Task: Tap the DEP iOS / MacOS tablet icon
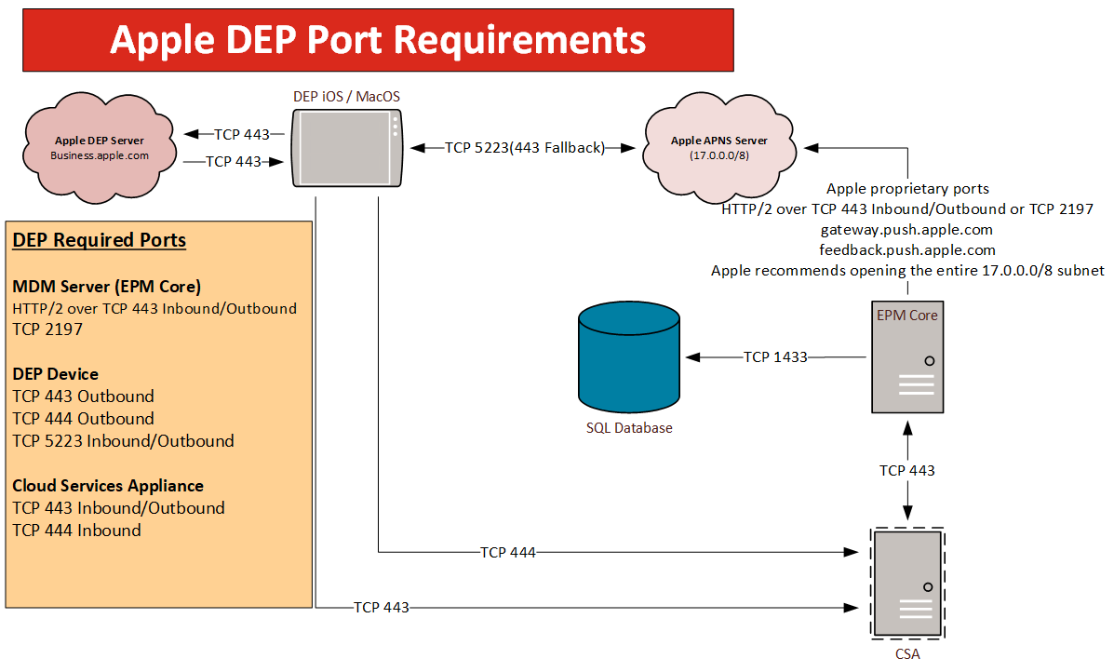click(x=347, y=148)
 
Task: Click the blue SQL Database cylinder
click(x=628, y=358)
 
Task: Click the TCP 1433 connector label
click(x=775, y=356)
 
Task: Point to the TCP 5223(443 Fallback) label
click(x=525, y=147)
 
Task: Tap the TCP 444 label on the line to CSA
click(x=507, y=552)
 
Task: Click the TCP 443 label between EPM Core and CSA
click(x=906, y=470)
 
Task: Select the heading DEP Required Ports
click(x=99, y=240)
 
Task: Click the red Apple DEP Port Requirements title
click(x=378, y=41)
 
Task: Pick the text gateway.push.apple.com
click(x=906, y=229)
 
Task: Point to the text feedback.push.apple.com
click(x=906, y=250)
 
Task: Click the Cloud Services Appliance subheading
click(x=108, y=486)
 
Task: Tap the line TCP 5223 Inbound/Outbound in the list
click(x=123, y=441)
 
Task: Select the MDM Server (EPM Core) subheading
click(x=106, y=286)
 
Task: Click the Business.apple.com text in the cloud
click(x=100, y=155)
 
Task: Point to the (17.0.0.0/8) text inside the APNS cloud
click(x=718, y=155)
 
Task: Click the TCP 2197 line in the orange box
click(x=47, y=329)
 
